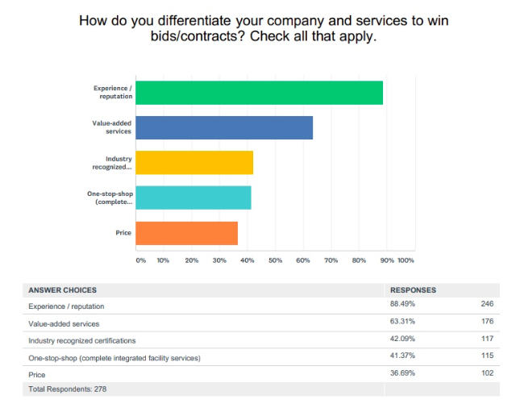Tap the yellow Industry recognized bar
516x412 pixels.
(x=194, y=163)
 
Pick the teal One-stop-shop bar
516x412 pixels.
(x=193, y=198)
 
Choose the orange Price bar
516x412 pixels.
(x=187, y=233)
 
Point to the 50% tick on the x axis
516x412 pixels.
(x=275, y=260)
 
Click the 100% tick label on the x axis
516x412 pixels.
(x=406, y=260)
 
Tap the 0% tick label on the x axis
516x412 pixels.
(x=140, y=260)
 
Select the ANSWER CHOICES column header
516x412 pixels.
(x=63, y=289)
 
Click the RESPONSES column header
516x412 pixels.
(x=414, y=289)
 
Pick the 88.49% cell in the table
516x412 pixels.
(x=403, y=305)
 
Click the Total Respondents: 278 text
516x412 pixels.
(x=67, y=389)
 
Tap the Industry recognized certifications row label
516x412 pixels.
(x=82, y=340)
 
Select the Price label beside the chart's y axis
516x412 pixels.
(x=123, y=233)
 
